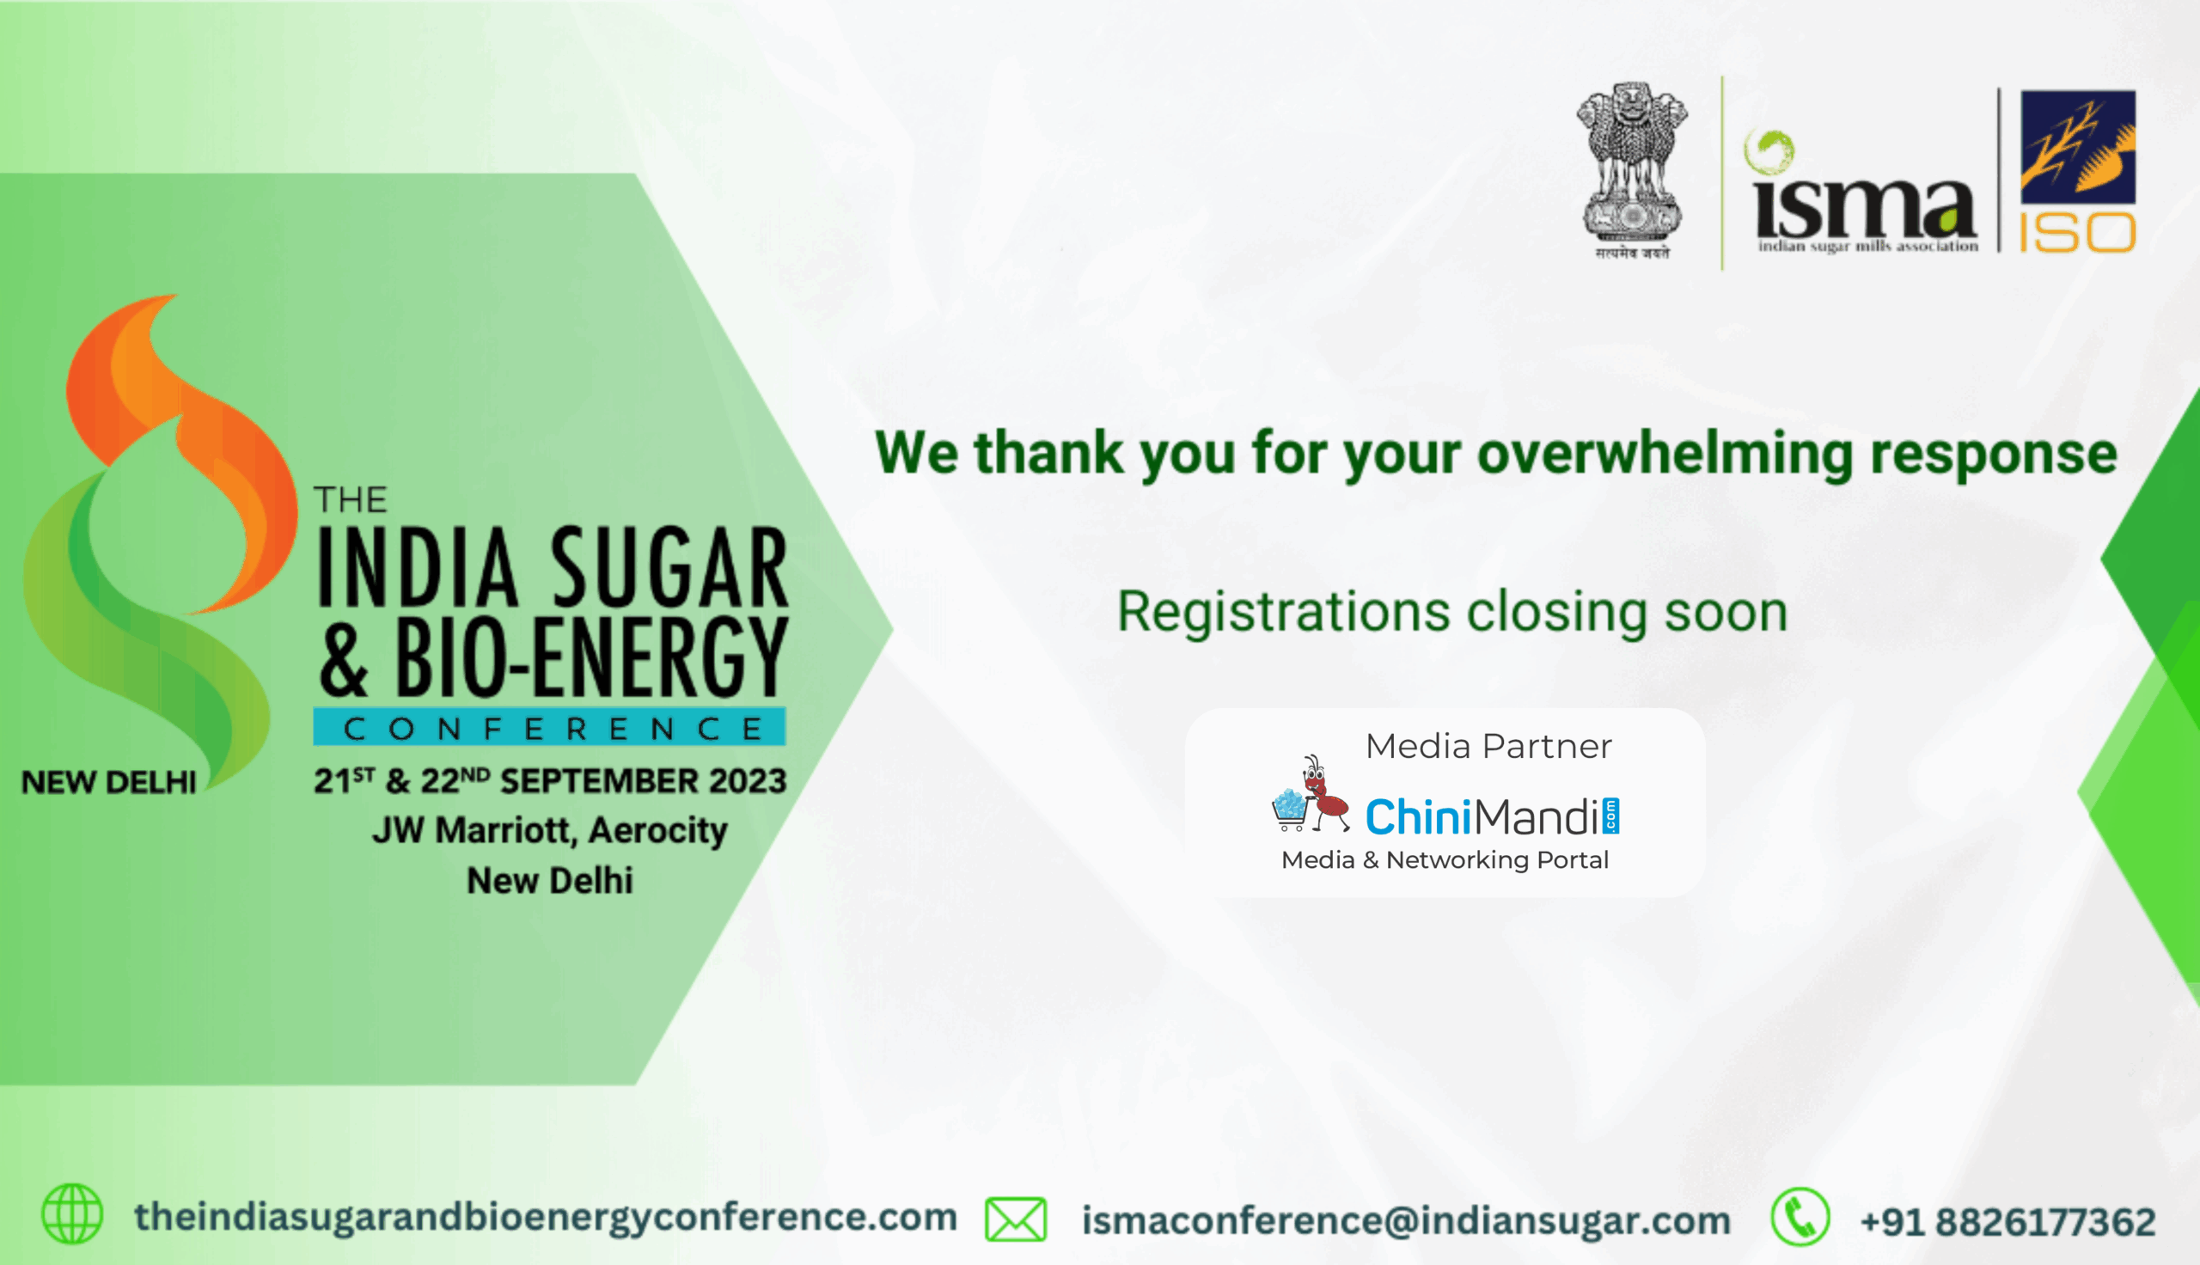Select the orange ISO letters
[2077, 233]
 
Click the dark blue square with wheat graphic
[2077, 147]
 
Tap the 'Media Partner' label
[1488, 746]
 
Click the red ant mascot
[1322, 794]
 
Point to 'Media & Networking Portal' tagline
[1445, 860]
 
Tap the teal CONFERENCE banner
[550, 727]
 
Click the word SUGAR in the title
[669, 566]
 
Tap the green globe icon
[72, 1213]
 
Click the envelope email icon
[1015, 1218]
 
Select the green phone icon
[1800, 1216]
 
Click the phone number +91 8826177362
[2008, 1221]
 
